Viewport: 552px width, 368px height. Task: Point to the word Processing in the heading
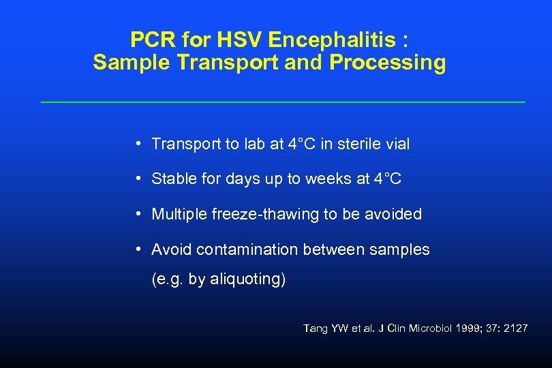[x=388, y=63]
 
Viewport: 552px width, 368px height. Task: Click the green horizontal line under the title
[x=283, y=102]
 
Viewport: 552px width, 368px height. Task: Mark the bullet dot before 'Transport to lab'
[x=138, y=144]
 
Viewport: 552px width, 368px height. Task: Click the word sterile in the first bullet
[x=361, y=144]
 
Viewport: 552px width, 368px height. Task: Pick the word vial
[x=397, y=144]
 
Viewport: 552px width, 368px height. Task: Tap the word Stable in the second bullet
[x=173, y=179]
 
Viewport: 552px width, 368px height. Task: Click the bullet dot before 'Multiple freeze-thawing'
[x=138, y=214]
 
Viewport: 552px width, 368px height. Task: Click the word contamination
[x=247, y=250]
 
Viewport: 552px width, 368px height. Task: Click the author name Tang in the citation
[x=316, y=328]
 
